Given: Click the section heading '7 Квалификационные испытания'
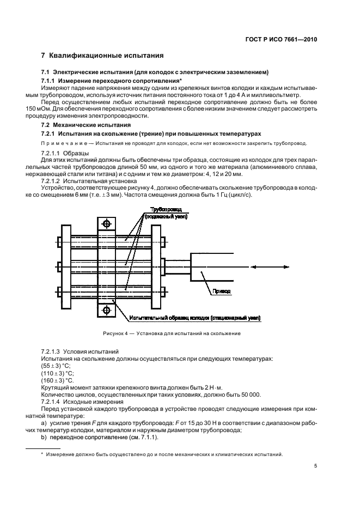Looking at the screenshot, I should pyautogui.click(x=102, y=56).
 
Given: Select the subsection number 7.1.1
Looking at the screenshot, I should pyautogui.click(x=50, y=80).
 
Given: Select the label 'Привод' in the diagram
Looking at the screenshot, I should pyautogui.click(x=221, y=292).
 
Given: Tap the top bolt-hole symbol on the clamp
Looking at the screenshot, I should pyautogui.click(x=106, y=223).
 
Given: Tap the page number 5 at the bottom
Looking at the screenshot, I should pyautogui.click(x=316, y=466).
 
